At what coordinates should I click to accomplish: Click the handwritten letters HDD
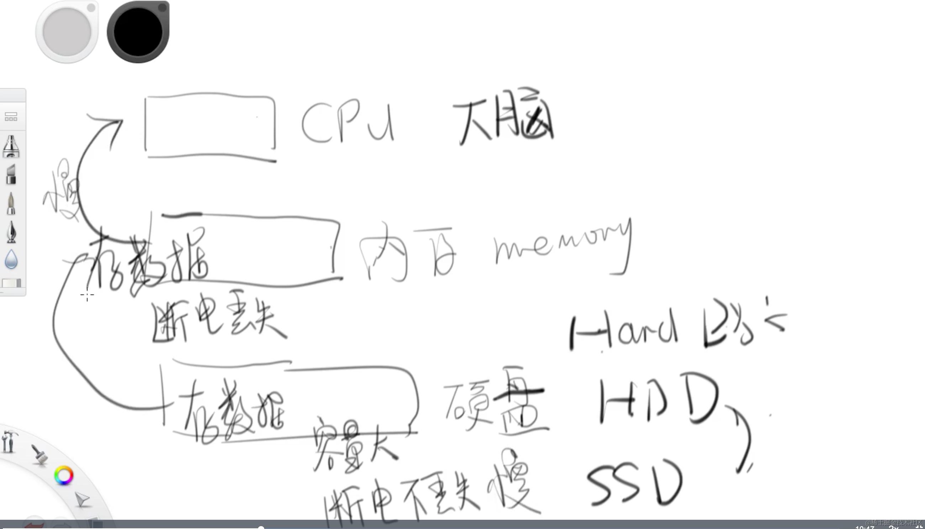pos(658,400)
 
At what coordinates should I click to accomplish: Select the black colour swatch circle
pos(138,32)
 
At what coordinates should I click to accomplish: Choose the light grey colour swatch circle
pos(67,32)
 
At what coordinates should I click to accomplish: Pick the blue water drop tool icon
pos(11,260)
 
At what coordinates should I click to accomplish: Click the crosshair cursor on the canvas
pos(87,295)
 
